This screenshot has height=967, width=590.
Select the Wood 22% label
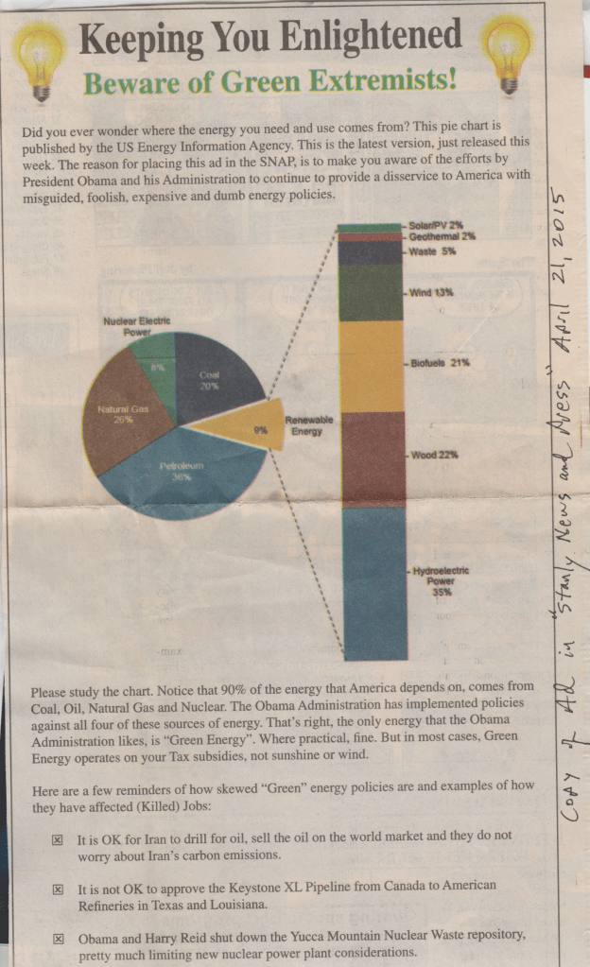435,455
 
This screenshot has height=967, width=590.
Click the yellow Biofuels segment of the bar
372,365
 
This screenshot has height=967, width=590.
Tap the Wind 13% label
431,292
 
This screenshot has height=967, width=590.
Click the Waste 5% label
432,251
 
